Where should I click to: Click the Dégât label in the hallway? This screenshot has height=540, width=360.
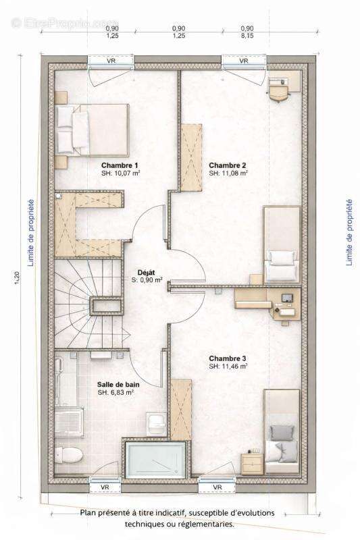[146, 273]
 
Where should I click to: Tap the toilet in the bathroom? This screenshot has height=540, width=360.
[68, 454]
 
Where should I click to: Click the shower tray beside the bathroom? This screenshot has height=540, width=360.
[156, 460]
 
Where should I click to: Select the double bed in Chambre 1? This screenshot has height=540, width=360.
[92, 130]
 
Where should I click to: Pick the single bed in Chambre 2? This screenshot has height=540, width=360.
[282, 244]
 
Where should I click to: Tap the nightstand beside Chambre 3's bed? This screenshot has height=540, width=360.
[252, 464]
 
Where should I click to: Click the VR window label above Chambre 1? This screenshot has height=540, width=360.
[111, 61]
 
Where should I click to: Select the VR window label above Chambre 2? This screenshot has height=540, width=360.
[244, 61]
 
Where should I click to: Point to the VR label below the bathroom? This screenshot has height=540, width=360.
[105, 487]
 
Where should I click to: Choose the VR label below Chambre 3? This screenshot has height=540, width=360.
[217, 487]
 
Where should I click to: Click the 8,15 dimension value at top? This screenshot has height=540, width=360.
[247, 36]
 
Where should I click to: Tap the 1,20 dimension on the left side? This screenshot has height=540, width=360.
[18, 278]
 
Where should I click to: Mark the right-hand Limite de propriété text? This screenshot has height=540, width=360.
[349, 232]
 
